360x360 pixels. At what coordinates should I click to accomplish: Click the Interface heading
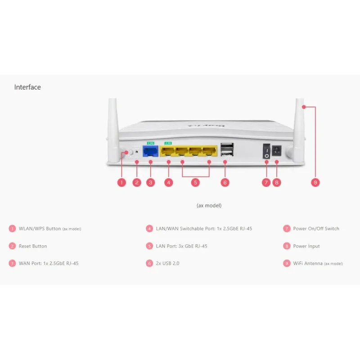[27, 87]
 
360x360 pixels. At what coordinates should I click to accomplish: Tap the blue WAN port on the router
[150, 150]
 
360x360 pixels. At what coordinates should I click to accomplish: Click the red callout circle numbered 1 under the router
[121, 182]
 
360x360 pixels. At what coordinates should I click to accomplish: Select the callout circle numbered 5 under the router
[195, 182]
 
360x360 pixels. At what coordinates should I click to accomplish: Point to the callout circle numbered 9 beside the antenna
[315, 182]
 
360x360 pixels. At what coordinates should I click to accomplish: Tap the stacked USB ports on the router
[226, 150]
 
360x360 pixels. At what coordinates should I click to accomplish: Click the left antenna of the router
[112, 126]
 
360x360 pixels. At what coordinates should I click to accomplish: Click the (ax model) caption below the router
[209, 205]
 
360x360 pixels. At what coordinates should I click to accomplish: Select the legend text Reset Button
[33, 246]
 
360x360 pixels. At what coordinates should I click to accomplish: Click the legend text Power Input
[306, 246]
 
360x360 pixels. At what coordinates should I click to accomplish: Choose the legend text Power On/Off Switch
[316, 229]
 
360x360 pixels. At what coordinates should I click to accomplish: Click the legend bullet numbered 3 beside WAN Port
[12, 263]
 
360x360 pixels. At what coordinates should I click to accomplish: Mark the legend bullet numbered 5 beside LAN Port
[149, 246]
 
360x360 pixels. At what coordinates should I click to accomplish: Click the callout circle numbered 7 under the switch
[266, 182]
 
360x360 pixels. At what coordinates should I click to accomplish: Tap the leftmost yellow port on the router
[168, 150]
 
